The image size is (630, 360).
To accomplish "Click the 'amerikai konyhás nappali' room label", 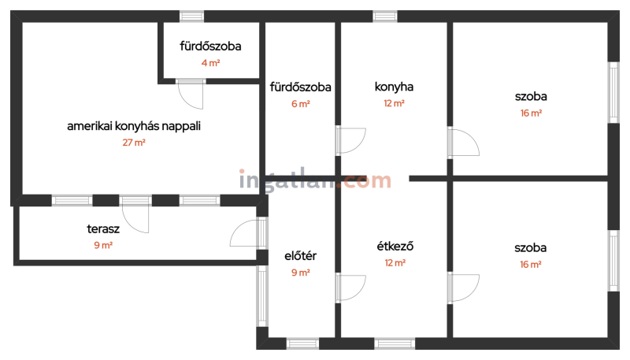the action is pos(134,126).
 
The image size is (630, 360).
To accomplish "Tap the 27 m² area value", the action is pos(134,143).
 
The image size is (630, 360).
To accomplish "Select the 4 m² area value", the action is pos(210,63).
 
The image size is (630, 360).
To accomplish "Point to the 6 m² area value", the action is pos(301,104).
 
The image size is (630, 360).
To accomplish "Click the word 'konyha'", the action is pos(394,87).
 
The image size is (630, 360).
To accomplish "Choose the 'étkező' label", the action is pos(395,246).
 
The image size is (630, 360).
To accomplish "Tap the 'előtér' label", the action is pos(301,256).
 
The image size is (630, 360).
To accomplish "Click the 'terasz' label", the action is pos(103,229).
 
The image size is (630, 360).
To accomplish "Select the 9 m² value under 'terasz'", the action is pos(103,245).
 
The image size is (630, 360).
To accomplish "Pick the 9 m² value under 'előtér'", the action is pos(301,273).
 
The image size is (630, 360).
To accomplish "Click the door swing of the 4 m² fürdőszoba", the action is pos(191,95).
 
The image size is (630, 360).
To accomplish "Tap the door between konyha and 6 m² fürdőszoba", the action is pos(350,141).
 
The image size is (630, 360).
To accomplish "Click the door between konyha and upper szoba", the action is pos(463,142).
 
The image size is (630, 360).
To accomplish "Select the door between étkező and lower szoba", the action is pos(463,288).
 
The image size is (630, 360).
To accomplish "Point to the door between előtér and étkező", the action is pos(350,288).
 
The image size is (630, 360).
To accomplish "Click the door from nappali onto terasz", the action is pos(135,215).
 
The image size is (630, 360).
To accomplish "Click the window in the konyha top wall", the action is pos(385,16).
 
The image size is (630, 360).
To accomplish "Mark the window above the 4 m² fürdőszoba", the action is pos(191,16).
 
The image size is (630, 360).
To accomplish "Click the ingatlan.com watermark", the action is pos(315,180).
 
